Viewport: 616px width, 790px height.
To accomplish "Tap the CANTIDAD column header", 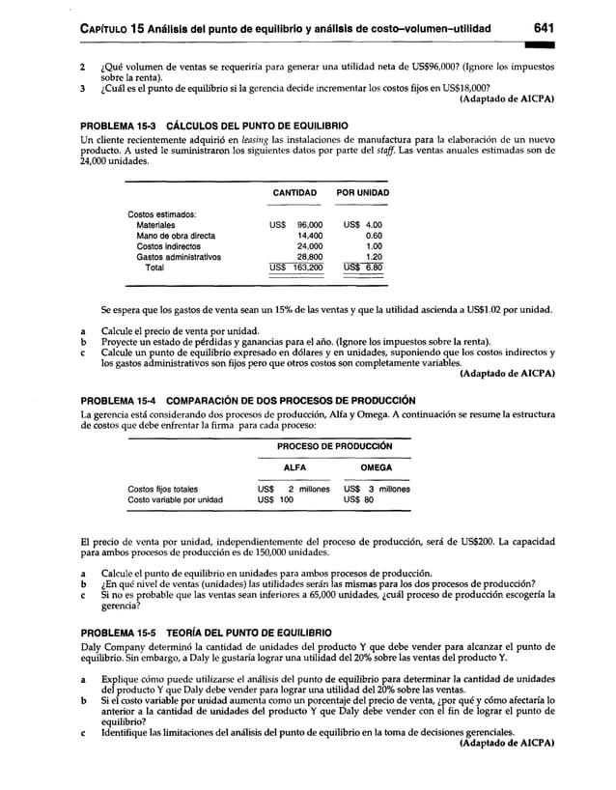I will point(296,193).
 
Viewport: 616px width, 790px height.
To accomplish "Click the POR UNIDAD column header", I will point(362,193).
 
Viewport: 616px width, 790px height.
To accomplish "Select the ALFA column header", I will point(294,467).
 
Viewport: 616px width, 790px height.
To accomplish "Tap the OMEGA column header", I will point(375,467).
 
